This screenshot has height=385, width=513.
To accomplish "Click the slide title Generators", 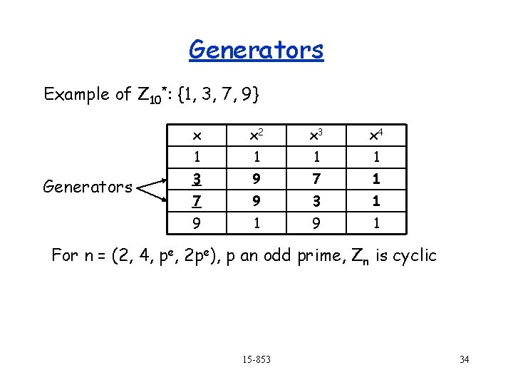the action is (x=256, y=50).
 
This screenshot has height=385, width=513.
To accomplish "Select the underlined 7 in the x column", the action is (x=197, y=201).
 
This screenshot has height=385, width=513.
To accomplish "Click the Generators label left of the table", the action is (x=88, y=188).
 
